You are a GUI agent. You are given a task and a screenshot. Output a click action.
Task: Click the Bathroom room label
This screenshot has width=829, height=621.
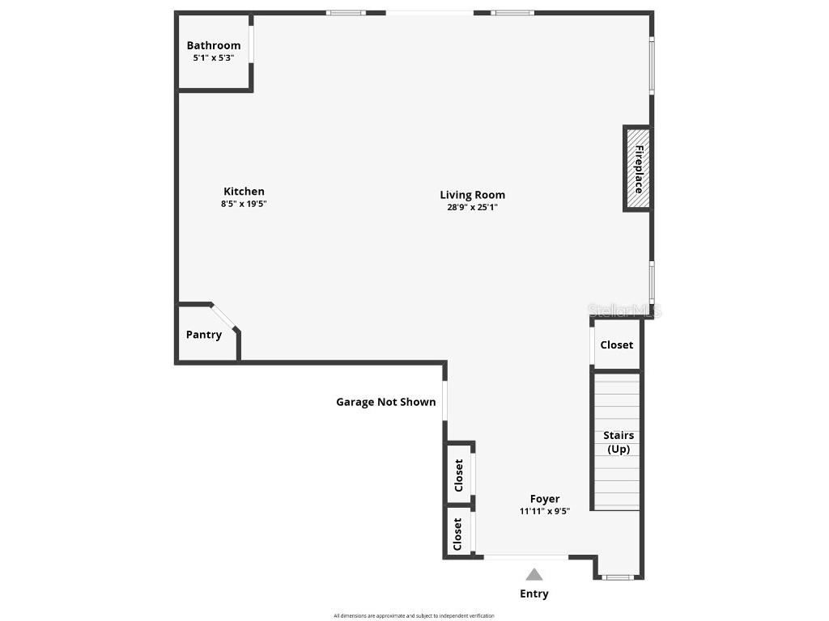click(214, 45)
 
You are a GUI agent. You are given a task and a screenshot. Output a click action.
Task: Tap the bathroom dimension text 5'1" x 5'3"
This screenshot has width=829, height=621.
click(214, 58)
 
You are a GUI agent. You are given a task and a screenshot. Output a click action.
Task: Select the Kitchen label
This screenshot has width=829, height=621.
click(244, 192)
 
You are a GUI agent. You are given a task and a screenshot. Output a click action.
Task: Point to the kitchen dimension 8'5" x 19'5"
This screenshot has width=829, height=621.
click(244, 205)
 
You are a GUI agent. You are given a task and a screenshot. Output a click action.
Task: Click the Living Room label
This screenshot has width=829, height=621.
click(472, 194)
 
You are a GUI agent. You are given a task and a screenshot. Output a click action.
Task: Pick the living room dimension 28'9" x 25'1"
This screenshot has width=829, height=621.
click(472, 207)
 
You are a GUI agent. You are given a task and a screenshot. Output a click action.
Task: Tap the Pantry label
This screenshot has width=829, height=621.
click(204, 335)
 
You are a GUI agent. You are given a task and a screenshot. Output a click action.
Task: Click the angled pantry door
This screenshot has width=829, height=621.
click(223, 317)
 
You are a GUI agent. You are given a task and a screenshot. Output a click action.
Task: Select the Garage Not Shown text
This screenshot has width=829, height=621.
click(386, 402)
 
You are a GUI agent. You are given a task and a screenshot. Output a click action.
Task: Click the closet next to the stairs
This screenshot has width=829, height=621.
click(617, 345)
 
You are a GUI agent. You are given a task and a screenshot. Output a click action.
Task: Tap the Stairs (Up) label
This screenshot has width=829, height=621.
click(619, 442)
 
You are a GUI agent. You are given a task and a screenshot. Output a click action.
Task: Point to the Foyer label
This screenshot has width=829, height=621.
click(545, 499)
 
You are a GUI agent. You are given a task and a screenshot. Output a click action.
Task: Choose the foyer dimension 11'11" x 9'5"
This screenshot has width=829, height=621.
click(545, 511)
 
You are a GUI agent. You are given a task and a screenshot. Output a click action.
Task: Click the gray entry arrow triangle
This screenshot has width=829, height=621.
click(534, 575)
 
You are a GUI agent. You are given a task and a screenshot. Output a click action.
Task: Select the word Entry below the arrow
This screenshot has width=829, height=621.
click(534, 594)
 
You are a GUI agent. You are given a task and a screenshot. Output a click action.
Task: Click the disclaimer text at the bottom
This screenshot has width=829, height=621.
click(414, 616)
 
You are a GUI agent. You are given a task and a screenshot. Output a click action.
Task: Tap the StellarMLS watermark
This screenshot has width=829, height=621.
click(624, 310)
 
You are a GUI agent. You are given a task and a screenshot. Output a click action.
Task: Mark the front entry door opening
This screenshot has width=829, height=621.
click(526, 556)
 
